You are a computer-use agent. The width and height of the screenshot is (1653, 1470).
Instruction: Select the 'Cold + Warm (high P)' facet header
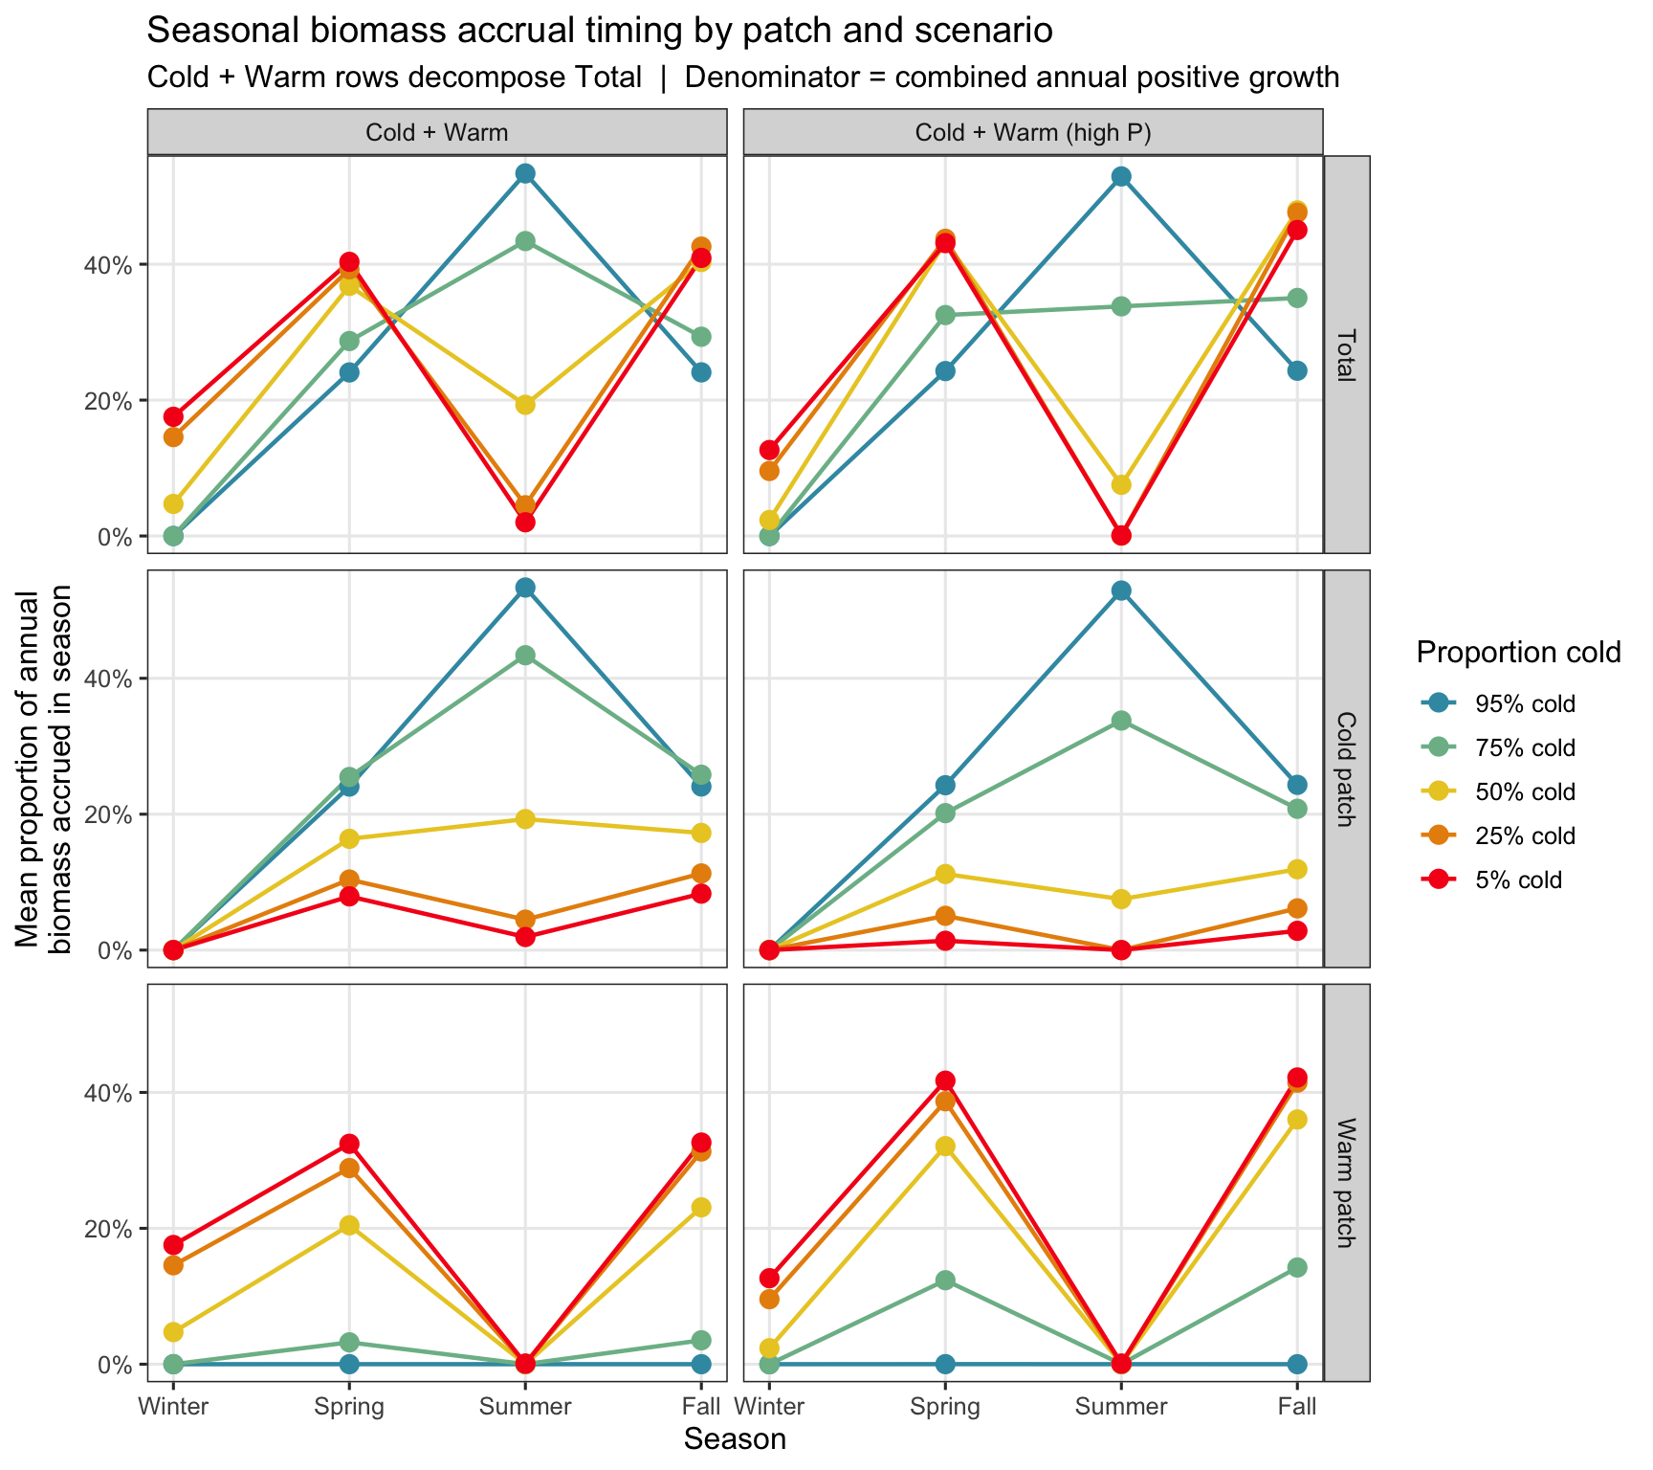click(x=1033, y=133)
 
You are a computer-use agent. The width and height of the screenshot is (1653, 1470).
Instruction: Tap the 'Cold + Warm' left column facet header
click(x=437, y=133)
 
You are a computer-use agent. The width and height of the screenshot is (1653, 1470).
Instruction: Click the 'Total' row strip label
click(x=1347, y=354)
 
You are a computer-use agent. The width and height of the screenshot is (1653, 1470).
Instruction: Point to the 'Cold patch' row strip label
click(x=1347, y=768)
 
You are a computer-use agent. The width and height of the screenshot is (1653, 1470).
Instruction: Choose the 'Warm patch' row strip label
click(x=1347, y=1183)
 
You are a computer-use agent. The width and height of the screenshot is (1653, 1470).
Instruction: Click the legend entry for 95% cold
click(x=1499, y=704)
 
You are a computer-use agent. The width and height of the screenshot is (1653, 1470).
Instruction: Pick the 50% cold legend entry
click(x=1499, y=792)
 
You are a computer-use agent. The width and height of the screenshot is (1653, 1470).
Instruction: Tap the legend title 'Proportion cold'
click(x=1519, y=653)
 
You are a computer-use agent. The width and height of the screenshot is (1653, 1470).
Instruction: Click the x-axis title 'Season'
click(x=735, y=1439)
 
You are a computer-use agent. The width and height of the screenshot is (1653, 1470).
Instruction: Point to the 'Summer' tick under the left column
click(x=524, y=1407)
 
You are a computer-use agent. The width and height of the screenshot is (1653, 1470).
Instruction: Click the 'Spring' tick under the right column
click(x=945, y=1407)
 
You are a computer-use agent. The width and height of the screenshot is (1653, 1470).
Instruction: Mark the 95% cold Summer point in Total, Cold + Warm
click(x=524, y=173)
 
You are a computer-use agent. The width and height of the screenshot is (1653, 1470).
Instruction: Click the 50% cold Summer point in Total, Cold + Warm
click(x=524, y=405)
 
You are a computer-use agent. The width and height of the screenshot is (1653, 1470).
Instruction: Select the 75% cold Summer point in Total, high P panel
click(x=1121, y=306)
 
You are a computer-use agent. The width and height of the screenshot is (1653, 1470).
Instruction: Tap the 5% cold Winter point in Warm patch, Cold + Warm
click(x=173, y=1245)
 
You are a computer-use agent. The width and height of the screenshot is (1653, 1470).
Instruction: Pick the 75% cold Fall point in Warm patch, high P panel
click(x=1297, y=1267)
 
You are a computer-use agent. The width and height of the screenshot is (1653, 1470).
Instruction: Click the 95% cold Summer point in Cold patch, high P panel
click(x=1121, y=590)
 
